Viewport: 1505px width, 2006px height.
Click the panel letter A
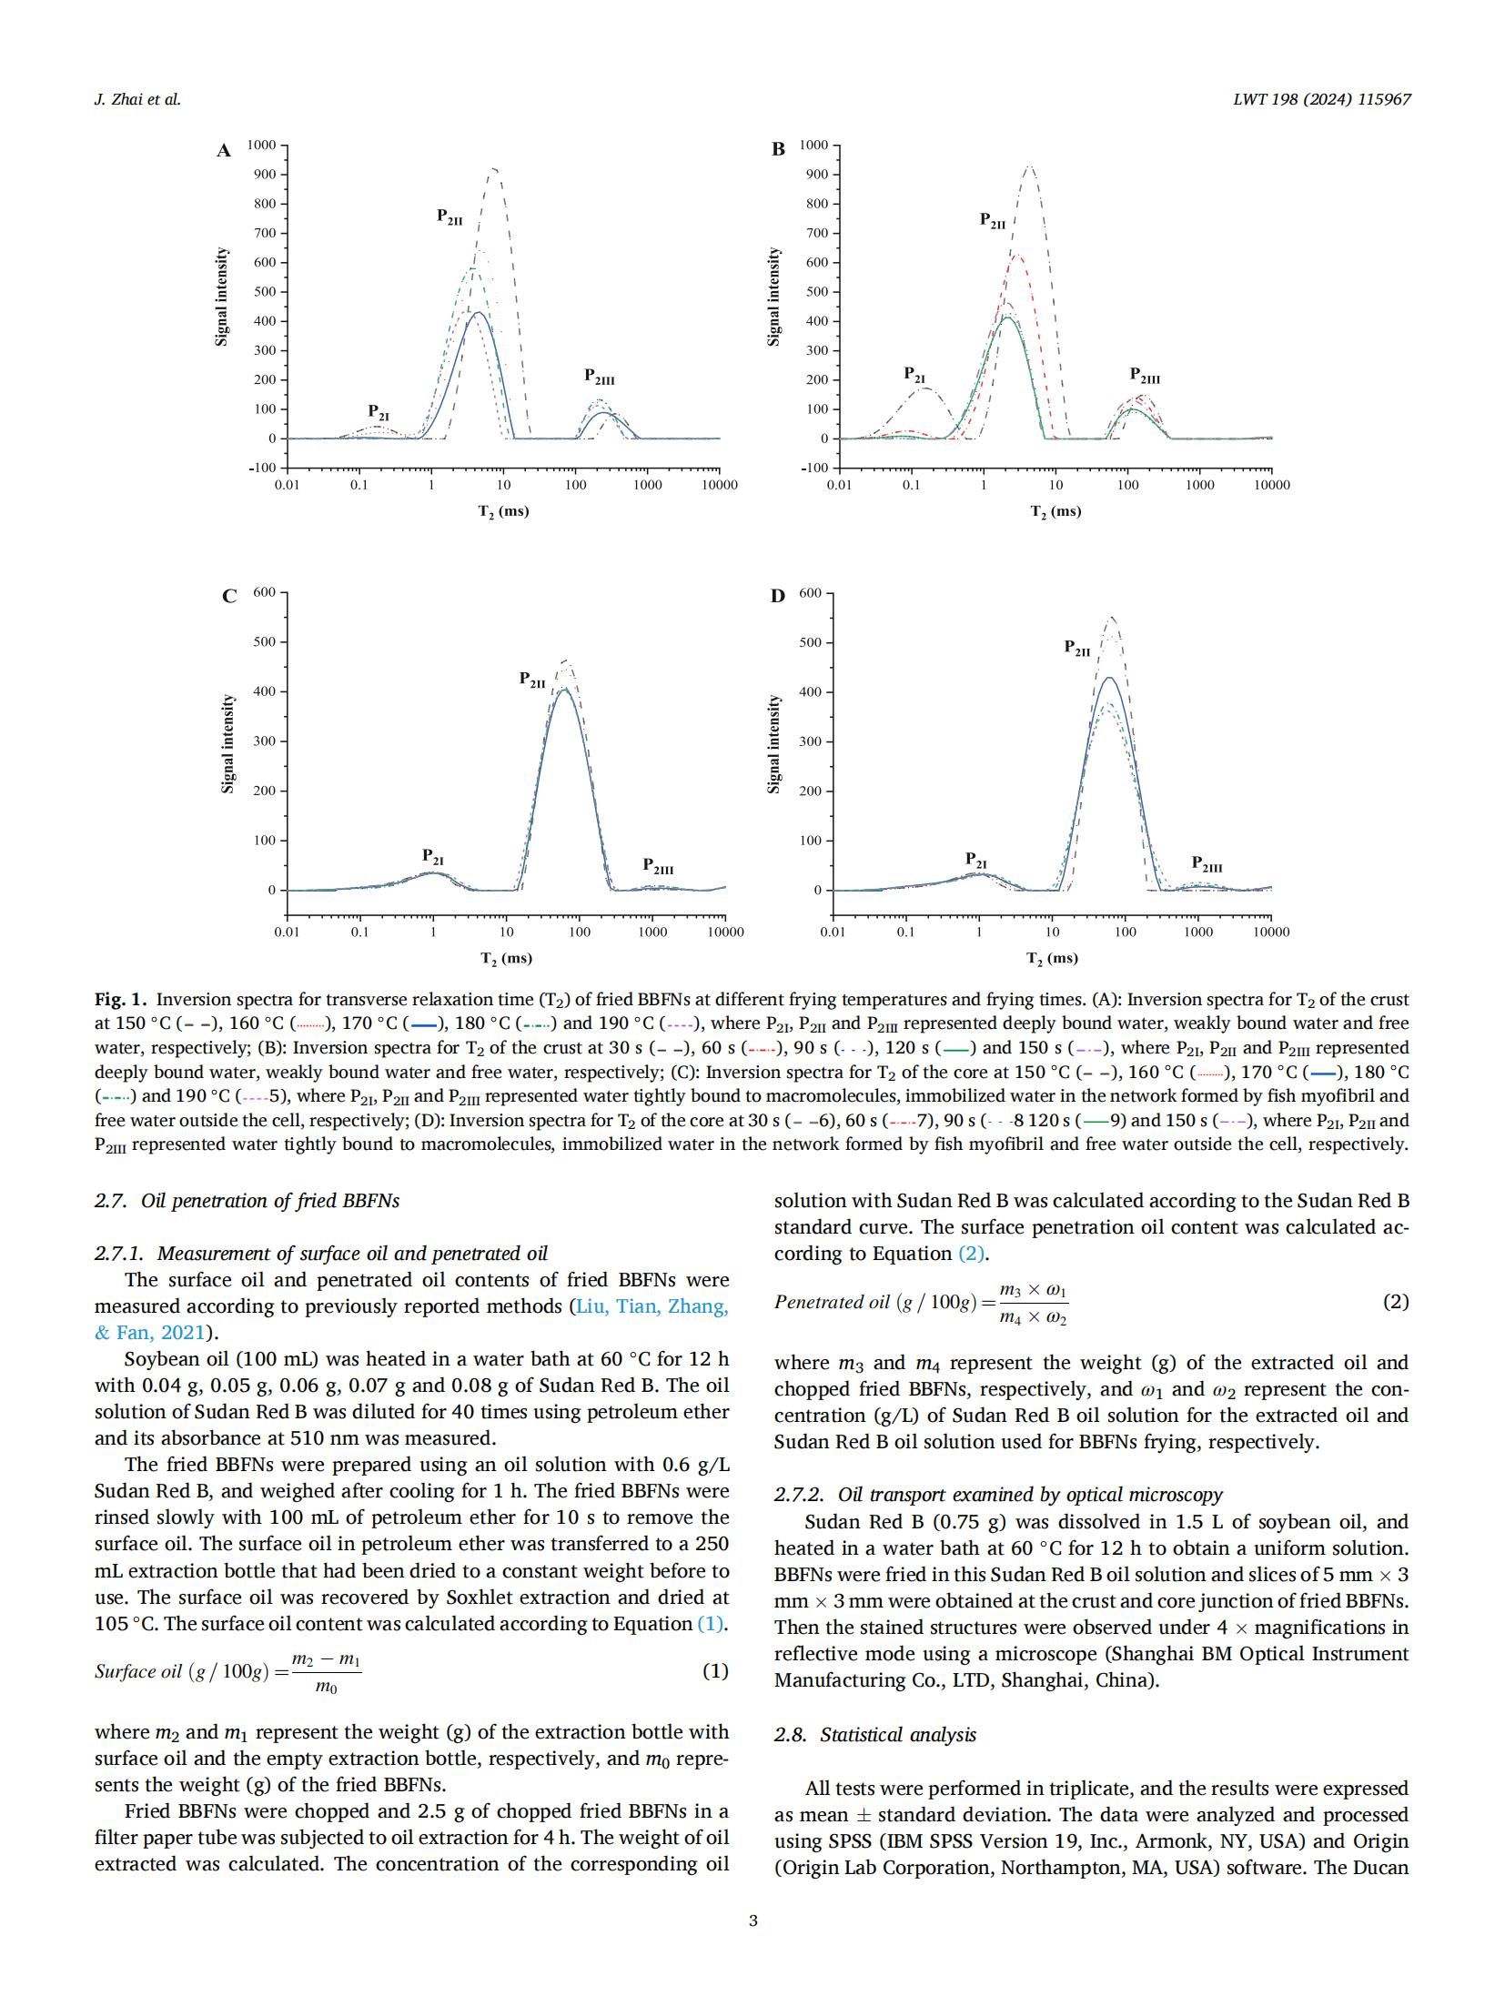(224, 151)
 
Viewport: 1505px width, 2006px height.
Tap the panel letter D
(777, 596)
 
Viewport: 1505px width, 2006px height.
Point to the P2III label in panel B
(1145, 375)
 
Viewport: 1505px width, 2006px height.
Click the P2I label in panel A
(379, 412)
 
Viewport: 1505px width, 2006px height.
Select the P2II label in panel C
(532, 680)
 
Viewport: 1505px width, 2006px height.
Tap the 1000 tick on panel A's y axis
(263, 145)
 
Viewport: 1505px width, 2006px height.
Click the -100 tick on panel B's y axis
(814, 468)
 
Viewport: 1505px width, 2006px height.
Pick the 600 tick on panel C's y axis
(264, 592)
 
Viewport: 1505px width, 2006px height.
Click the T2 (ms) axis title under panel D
(1052, 958)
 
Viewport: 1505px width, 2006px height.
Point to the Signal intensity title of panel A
(221, 297)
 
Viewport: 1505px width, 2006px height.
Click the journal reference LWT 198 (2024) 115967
(1321, 100)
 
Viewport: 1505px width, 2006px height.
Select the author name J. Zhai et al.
(137, 100)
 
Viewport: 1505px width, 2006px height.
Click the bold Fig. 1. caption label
(120, 1000)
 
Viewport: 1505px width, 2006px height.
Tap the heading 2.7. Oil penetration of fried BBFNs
(247, 1200)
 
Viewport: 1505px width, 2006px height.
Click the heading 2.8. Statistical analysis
(874, 1735)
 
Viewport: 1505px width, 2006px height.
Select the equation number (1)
(715, 1671)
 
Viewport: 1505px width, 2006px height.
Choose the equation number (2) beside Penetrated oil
(1396, 1302)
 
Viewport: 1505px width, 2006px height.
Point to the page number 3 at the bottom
(752, 1920)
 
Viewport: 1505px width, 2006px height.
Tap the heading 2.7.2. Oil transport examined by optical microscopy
(998, 1495)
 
